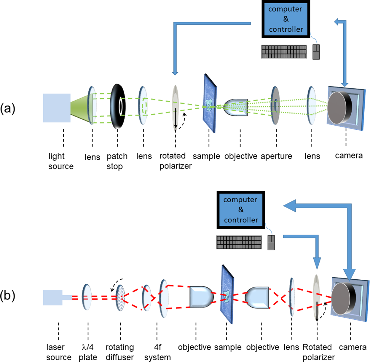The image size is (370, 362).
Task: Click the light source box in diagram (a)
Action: (57, 108)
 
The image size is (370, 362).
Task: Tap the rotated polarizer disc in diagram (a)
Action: (176, 108)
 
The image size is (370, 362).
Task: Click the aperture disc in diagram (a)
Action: (275, 106)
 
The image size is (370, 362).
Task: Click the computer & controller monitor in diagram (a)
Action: (286, 19)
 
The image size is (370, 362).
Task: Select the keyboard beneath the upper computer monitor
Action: (284, 52)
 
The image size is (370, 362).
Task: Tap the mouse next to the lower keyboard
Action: (271, 243)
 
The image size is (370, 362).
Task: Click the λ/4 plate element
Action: (87, 297)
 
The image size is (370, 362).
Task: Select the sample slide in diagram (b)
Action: (227, 294)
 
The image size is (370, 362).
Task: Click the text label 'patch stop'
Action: (117, 161)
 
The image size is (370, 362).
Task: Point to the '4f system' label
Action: (157, 352)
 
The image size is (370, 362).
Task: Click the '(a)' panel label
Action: (7, 108)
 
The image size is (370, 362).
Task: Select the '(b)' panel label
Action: (7, 296)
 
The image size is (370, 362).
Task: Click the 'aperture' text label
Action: (276, 156)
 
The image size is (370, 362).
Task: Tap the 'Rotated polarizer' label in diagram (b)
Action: (318, 352)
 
